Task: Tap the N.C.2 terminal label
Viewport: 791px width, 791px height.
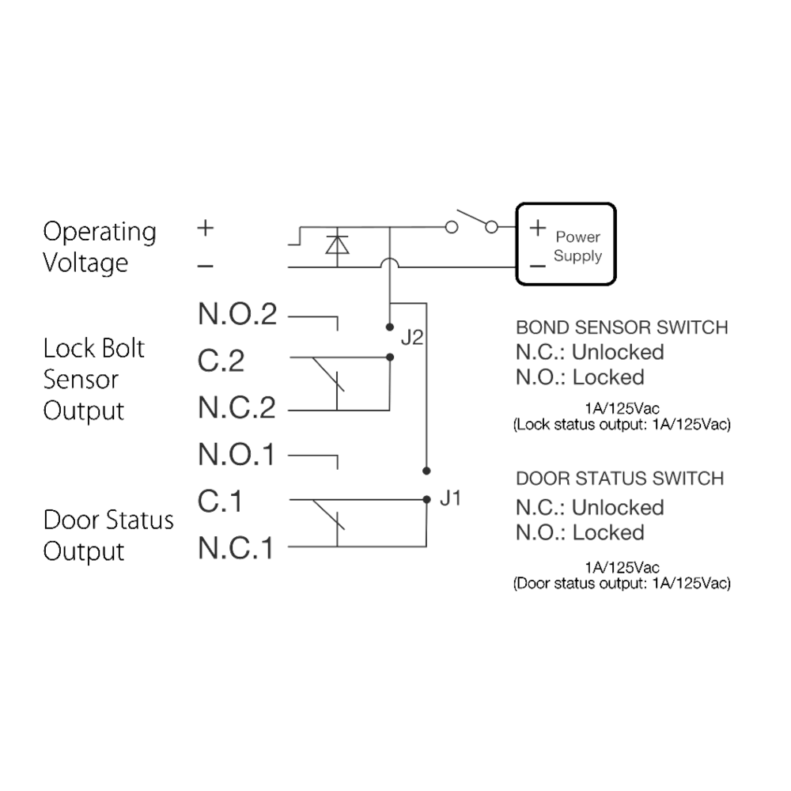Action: (x=237, y=407)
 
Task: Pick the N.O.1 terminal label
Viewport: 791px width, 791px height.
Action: (x=237, y=455)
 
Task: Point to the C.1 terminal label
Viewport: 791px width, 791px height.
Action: (x=220, y=501)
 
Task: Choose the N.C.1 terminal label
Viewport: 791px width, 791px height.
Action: (x=237, y=547)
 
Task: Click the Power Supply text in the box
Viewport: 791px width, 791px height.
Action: (x=577, y=246)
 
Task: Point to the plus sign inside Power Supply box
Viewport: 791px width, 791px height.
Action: (x=537, y=229)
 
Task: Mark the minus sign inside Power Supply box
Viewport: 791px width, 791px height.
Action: (x=537, y=266)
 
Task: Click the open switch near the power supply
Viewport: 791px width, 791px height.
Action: (x=471, y=223)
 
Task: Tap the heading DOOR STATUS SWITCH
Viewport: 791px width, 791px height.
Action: (x=619, y=479)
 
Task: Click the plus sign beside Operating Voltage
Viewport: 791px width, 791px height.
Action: (x=205, y=229)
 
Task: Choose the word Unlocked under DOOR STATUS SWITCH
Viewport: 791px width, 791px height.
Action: (x=617, y=506)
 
